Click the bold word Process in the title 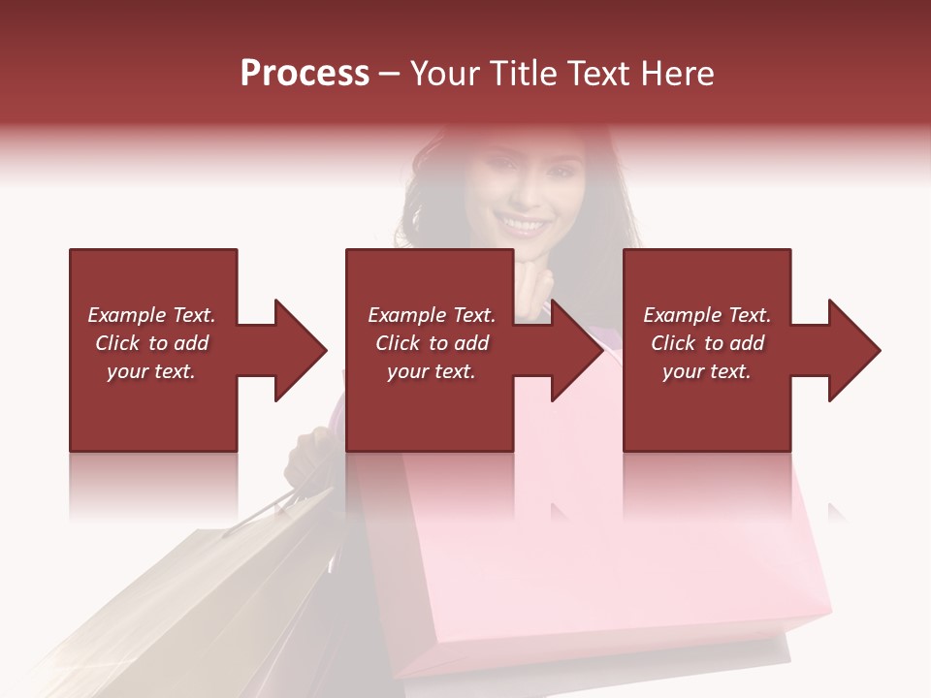[x=305, y=74]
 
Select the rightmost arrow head [x=852, y=350]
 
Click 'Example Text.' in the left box [x=151, y=315]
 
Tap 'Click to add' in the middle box [x=432, y=343]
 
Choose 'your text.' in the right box [x=707, y=371]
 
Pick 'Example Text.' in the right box [x=707, y=315]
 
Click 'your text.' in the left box [x=151, y=371]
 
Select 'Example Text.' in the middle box [x=432, y=315]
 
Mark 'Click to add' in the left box [x=151, y=343]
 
